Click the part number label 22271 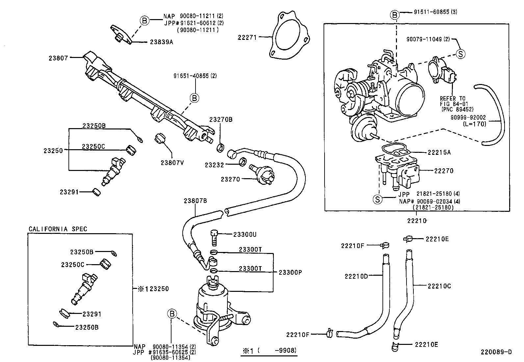tap(247, 38)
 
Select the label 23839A tap(161, 42)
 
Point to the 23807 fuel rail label tap(58, 58)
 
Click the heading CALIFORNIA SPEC tap(58, 229)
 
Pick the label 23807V tap(172, 162)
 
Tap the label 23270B tap(221, 120)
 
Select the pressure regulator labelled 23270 tap(262, 174)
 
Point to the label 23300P tap(290, 272)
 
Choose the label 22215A tap(439, 153)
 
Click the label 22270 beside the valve tap(444, 171)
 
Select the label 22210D tap(356, 276)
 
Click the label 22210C tap(439, 286)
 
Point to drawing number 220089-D tap(496, 352)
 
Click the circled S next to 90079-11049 tap(460, 54)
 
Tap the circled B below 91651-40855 tap(195, 98)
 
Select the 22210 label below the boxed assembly tap(417, 221)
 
